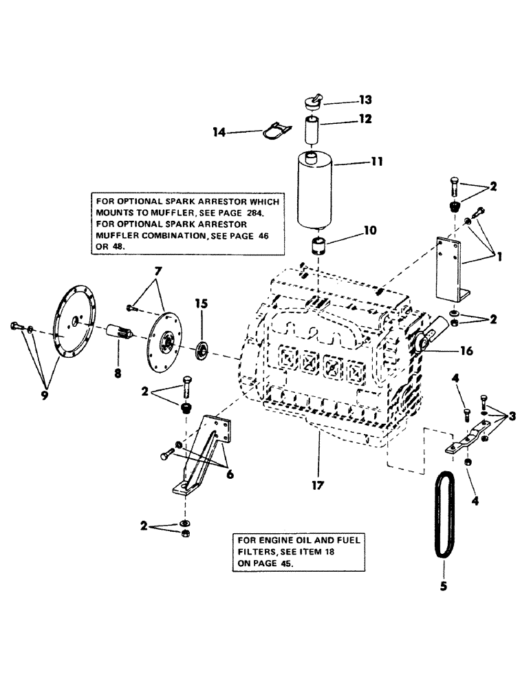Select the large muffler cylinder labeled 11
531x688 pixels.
tap(318, 193)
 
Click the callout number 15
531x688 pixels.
tap(202, 303)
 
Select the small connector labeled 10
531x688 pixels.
tap(318, 246)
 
